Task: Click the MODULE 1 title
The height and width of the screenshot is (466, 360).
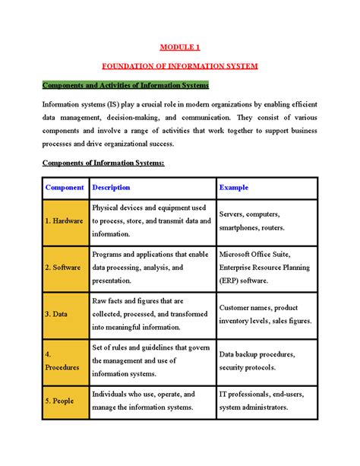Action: tap(179, 47)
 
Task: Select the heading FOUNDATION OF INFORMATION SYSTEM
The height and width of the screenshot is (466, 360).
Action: tap(180, 66)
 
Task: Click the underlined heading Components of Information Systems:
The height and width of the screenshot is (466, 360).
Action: tap(103, 163)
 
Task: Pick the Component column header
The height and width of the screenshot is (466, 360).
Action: tap(65, 187)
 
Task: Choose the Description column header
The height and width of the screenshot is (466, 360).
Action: tap(111, 187)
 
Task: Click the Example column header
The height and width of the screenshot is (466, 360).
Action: tap(233, 187)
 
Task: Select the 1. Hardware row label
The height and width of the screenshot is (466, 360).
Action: tap(65, 220)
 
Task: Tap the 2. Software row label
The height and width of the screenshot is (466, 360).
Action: tap(65, 268)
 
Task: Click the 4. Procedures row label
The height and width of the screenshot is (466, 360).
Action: tap(65, 360)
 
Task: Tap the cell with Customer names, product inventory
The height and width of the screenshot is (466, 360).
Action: tap(264, 314)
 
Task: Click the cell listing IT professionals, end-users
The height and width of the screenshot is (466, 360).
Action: tap(264, 401)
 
